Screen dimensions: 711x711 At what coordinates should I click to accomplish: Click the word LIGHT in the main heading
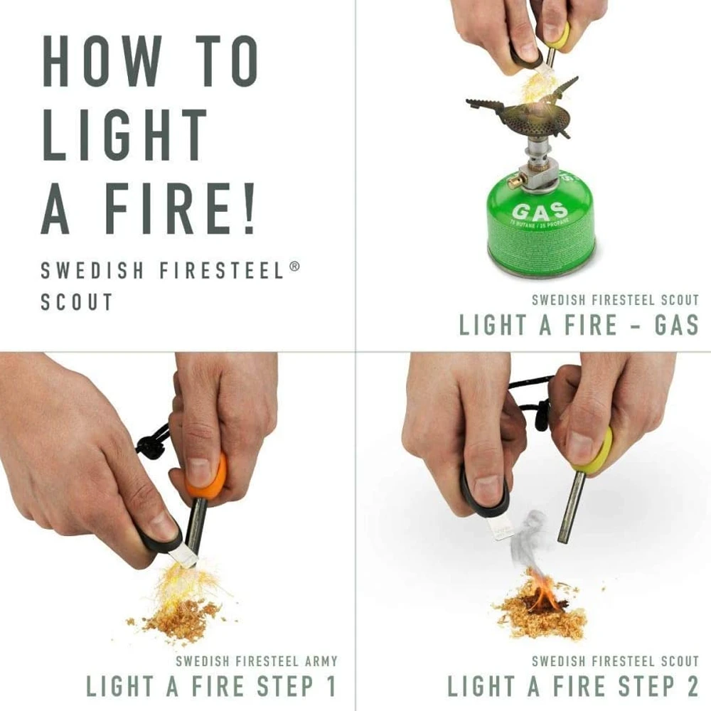[x=125, y=135]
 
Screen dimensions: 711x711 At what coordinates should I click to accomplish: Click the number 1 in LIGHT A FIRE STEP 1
[x=328, y=686]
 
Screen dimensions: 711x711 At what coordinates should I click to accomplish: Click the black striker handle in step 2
[x=483, y=491]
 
